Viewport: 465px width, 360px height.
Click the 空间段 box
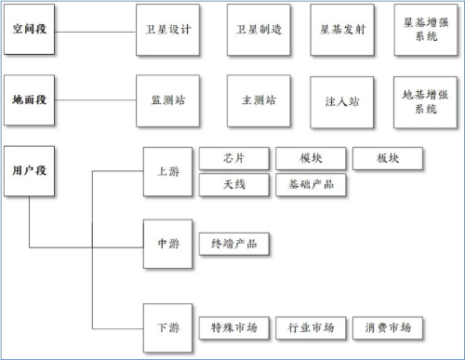pyautogui.click(x=29, y=30)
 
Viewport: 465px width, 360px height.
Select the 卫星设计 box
pyautogui.click(x=167, y=29)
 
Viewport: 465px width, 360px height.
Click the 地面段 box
pyautogui.click(x=29, y=100)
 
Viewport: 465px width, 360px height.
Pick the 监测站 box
pyautogui.click(x=167, y=100)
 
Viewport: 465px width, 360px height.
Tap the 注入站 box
pyautogui.click(x=342, y=101)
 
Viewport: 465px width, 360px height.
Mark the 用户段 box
pyautogui.click(x=29, y=171)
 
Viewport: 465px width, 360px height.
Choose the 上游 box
pyautogui.click(x=167, y=171)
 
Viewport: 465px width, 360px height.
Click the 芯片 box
pyautogui.click(x=234, y=158)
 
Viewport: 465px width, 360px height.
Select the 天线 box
pyautogui.click(x=234, y=184)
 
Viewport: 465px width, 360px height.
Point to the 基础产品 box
pyautogui.click(x=311, y=184)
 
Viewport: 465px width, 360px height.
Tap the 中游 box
pyautogui.click(x=167, y=244)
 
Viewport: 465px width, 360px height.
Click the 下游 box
pyautogui.click(x=167, y=327)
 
